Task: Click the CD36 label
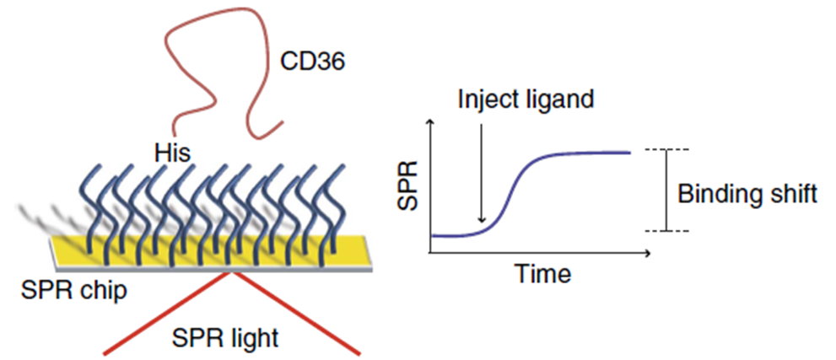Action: coord(311,61)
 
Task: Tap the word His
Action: coord(174,153)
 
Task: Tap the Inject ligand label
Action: coord(526,98)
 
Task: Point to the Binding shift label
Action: coord(747,193)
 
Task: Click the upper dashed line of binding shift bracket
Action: coord(667,150)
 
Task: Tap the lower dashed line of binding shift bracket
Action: coord(667,231)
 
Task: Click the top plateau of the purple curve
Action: coord(591,153)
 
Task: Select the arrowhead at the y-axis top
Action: coord(432,124)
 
